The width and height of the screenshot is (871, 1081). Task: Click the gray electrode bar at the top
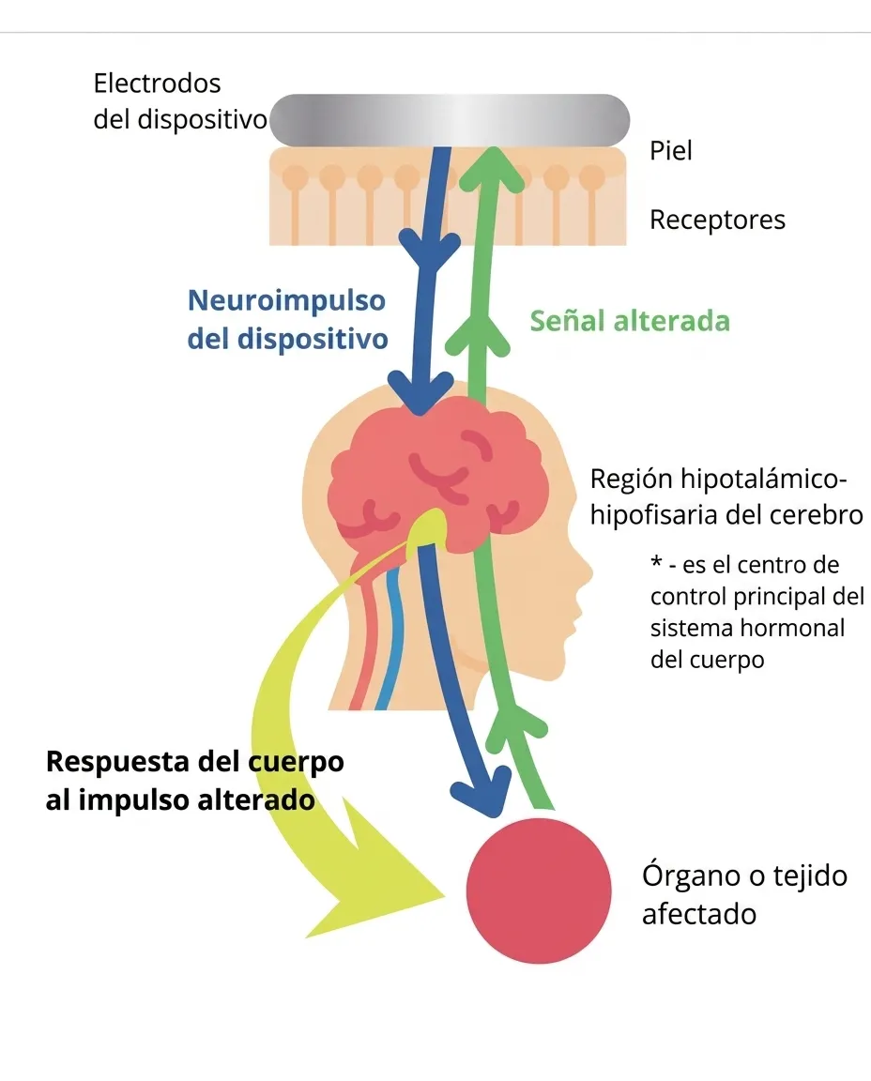(449, 120)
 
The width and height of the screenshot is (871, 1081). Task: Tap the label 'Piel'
(670, 150)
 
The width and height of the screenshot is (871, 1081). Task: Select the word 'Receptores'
(717, 220)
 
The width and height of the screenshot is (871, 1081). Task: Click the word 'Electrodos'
(158, 84)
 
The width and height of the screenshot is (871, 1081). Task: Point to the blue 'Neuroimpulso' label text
(287, 301)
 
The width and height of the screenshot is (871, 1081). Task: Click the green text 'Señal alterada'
(630, 321)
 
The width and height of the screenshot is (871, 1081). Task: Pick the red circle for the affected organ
(539, 891)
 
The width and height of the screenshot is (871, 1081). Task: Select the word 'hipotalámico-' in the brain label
(763, 480)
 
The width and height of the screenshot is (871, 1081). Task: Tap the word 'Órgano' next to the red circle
(690, 875)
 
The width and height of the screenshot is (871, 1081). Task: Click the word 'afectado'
(699, 914)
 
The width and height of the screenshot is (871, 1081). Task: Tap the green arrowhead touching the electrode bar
(493, 168)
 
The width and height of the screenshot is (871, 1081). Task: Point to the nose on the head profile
(585, 572)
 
